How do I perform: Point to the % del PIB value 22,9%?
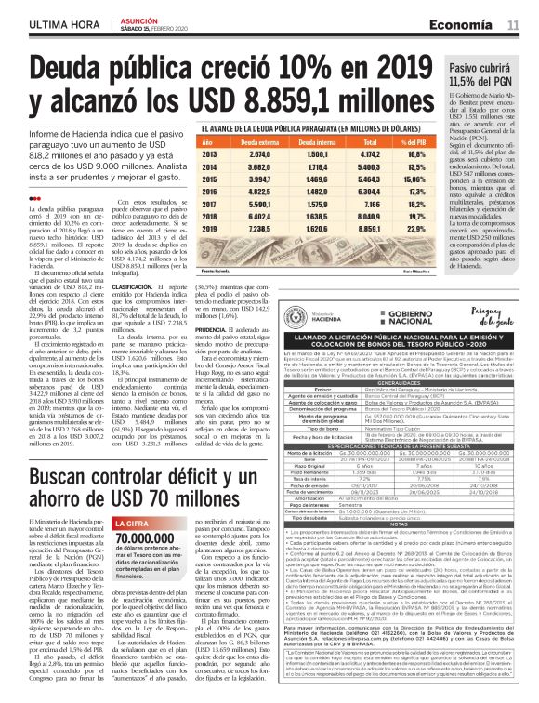point(418,227)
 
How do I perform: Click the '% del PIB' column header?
point(418,142)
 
